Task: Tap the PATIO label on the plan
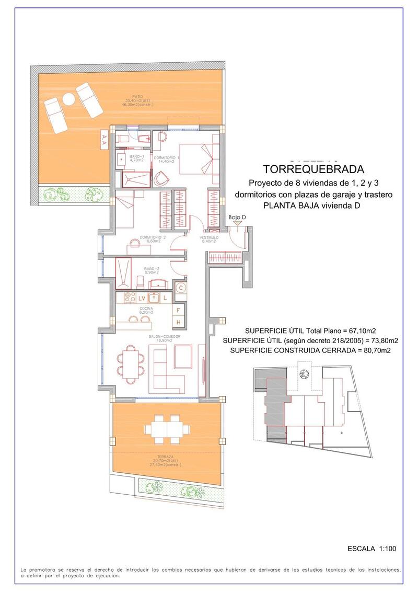click(138, 96)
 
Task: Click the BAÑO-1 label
click(137, 156)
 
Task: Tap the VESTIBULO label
click(209, 237)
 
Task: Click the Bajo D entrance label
click(237, 217)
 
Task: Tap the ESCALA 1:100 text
click(372, 549)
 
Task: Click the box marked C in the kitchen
click(180, 287)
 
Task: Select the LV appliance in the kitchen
click(142, 298)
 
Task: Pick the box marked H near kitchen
click(178, 322)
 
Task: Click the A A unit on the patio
click(104, 138)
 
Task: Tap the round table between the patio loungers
click(68, 98)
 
